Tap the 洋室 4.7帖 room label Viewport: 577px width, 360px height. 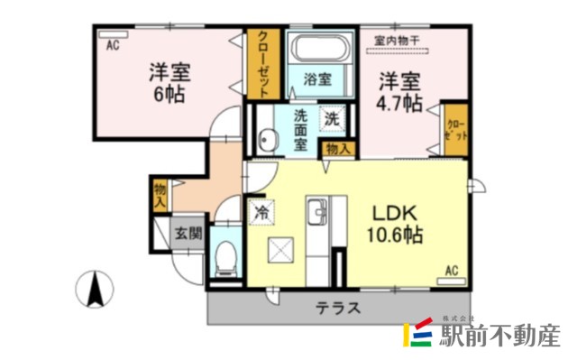pos(399,90)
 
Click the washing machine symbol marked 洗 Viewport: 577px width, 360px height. pos(332,117)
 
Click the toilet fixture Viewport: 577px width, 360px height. pos(224,257)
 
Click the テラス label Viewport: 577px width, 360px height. pos(338,308)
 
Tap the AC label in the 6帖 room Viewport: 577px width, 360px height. pos(114,42)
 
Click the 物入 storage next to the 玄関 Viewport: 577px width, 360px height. pos(160,195)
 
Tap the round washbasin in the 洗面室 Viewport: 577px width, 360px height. pos(268,140)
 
